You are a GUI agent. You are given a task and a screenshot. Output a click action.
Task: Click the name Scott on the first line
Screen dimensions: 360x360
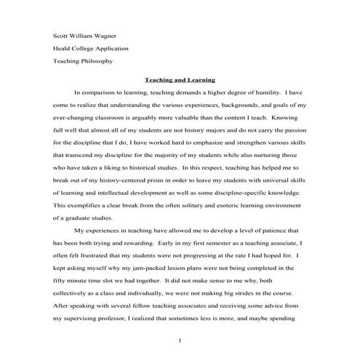click(x=62, y=36)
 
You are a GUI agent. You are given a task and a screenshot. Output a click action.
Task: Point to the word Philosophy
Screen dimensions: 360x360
click(x=97, y=62)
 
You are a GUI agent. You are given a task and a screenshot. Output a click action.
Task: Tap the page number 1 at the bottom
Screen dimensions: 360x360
click(x=180, y=340)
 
